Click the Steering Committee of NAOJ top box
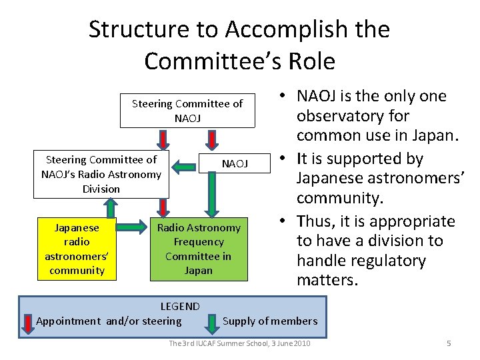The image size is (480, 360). [187, 111]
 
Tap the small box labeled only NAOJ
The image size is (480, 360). [235, 163]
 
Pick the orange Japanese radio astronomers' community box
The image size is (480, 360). [77, 249]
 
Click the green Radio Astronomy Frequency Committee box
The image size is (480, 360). [198, 249]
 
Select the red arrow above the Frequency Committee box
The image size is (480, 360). [162, 207]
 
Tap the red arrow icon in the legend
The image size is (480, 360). [27, 322]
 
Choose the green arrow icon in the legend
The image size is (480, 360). [211, 321]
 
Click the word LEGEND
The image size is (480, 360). [180, 307]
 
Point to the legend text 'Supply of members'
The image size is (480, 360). [270, 321]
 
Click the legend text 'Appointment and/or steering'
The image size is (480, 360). [109, 321]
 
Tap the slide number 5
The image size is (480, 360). [449, 343]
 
